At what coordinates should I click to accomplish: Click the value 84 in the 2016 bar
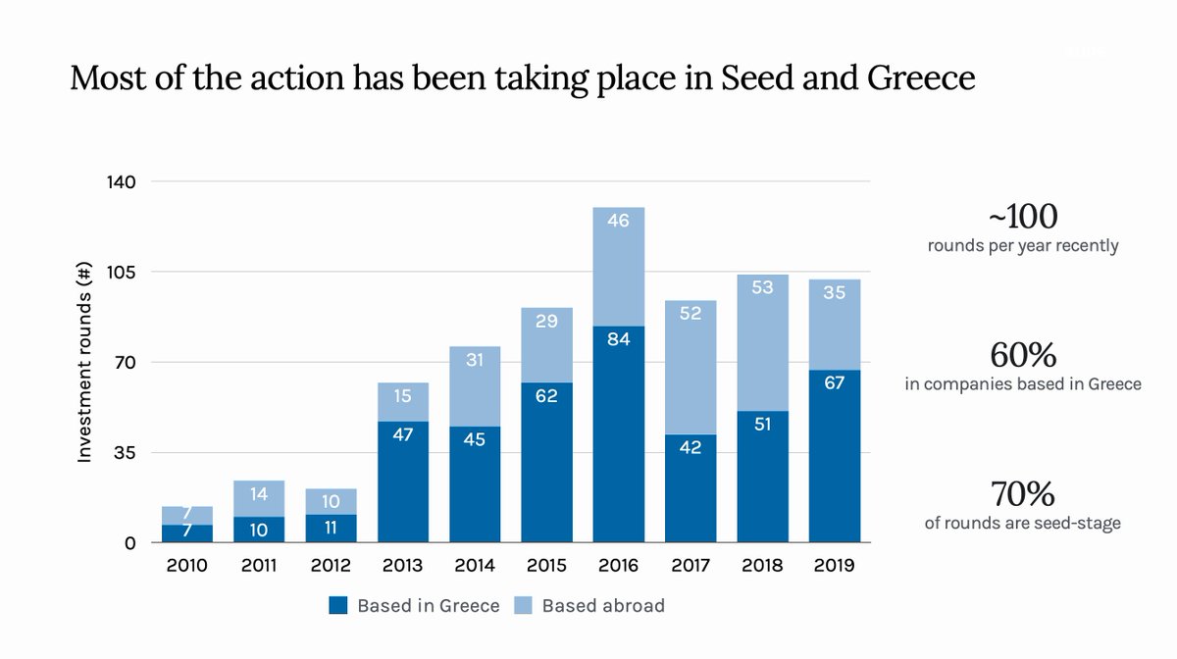619,339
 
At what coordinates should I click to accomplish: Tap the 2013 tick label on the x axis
403,566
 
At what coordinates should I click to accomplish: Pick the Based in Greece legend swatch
338,606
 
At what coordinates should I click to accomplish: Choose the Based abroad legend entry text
602,606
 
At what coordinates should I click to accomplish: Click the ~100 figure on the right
1023,216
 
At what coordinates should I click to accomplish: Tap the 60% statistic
1023,354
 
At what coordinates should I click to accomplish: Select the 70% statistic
1023,492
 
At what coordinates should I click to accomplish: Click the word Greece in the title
919,77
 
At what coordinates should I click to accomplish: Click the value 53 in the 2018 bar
762,287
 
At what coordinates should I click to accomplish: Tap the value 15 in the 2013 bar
403,396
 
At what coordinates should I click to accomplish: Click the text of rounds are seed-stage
1022,523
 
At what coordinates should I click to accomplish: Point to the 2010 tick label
187,566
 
